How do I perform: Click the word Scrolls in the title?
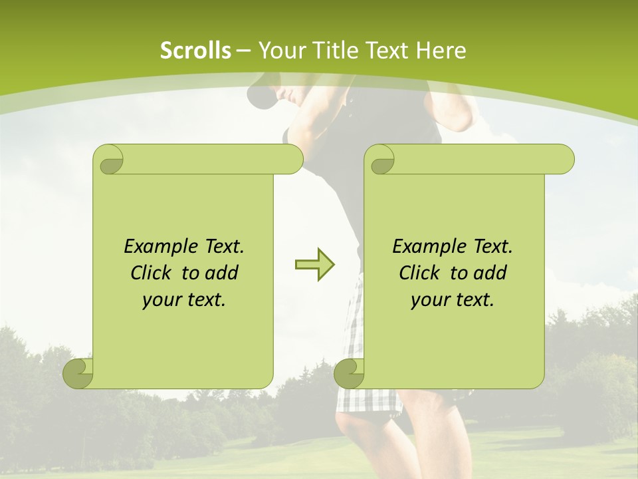195,51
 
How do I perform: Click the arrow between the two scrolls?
315,265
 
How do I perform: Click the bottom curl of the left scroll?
78,373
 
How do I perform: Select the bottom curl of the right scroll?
350,373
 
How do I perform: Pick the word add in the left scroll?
222,273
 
